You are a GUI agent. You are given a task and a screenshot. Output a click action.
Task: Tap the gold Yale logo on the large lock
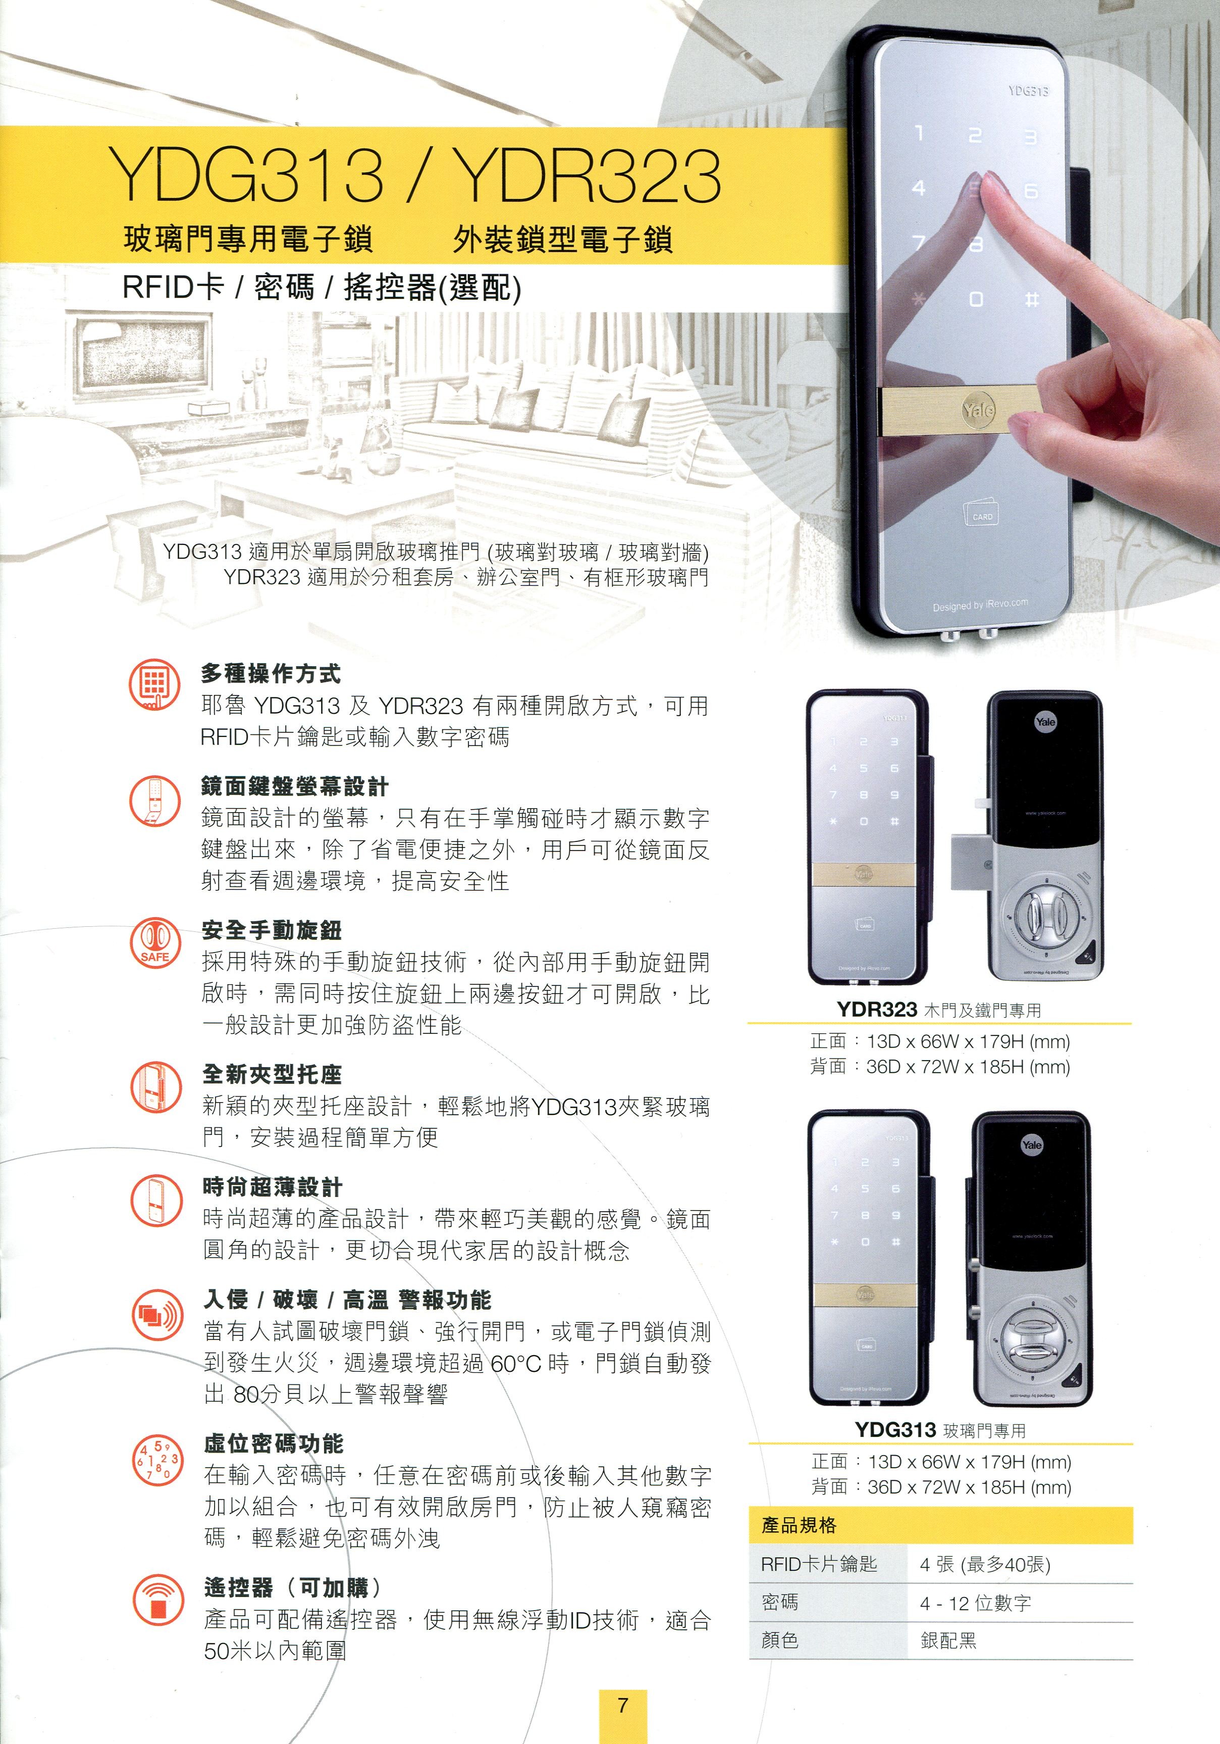click(x=978, y=410)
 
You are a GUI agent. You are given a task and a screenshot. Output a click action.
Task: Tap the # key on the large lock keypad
click(x=1031, y=300)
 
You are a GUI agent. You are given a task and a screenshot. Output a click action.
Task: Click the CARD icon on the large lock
click(x=982, y=514)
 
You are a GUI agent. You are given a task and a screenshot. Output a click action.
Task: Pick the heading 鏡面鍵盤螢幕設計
click(x=295, y=786)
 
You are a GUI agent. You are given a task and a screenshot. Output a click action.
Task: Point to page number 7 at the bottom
click(x=622, y=1705)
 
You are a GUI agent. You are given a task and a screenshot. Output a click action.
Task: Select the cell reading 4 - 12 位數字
click(x=975, y=1603)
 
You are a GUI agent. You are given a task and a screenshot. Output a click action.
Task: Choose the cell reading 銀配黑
click(x=948, y=1640)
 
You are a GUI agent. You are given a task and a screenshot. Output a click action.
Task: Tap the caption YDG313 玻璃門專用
click(x=940, y=1430)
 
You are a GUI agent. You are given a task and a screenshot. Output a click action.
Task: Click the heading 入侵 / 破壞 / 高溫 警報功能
click(x=347, y=1300)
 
